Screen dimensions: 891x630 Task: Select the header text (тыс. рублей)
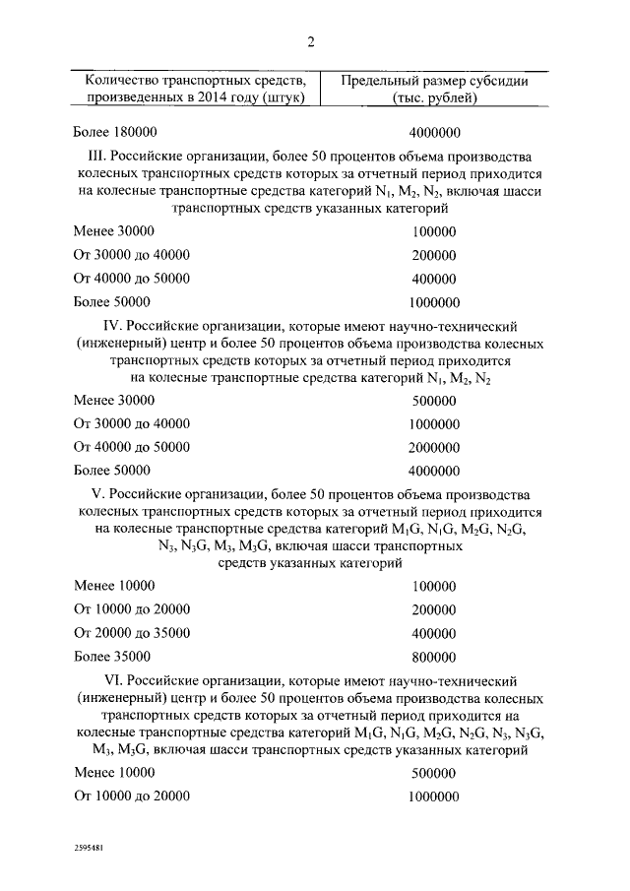pos(433,97)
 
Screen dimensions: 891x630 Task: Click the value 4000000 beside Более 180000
pos(433,133)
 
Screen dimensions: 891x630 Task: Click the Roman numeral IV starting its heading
pos(114,325)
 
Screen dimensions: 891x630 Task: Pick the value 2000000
pos(433,447)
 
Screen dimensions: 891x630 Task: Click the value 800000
pos(433,656)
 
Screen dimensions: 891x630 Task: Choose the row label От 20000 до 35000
pos(132,632)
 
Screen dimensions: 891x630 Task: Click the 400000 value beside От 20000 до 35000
pos(433,632)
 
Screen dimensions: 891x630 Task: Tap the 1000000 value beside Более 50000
pos(433,303)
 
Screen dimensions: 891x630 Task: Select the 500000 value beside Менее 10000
pos(433,774)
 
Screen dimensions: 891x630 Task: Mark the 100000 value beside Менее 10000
pos(433,585)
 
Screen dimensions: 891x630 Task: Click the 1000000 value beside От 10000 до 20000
pos(433,797)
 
